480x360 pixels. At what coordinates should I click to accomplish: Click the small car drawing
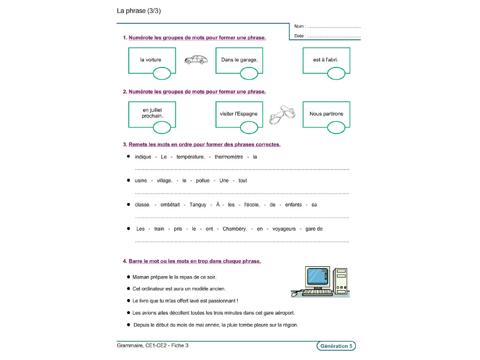(196, 60)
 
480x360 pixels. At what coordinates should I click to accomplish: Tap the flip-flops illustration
(281, 114)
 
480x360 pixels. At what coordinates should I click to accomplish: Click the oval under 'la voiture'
(162, 74)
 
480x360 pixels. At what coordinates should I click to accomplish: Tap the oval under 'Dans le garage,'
(249, 74)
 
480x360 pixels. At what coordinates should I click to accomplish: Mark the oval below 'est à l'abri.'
(336, 74)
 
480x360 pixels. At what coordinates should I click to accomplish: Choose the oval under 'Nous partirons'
(336, 127)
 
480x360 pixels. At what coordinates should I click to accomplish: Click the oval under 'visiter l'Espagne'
(249, 127)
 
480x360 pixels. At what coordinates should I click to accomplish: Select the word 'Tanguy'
(198, 205)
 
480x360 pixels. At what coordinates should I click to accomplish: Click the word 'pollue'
(202, 180)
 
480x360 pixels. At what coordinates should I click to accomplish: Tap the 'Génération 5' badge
(336, 346)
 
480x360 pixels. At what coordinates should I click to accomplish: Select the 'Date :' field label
(300, 36)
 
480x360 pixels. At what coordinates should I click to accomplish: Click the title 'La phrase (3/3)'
(139, 11)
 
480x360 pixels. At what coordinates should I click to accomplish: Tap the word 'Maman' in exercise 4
(141, 277)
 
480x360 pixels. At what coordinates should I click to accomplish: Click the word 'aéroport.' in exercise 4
(284, 313)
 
